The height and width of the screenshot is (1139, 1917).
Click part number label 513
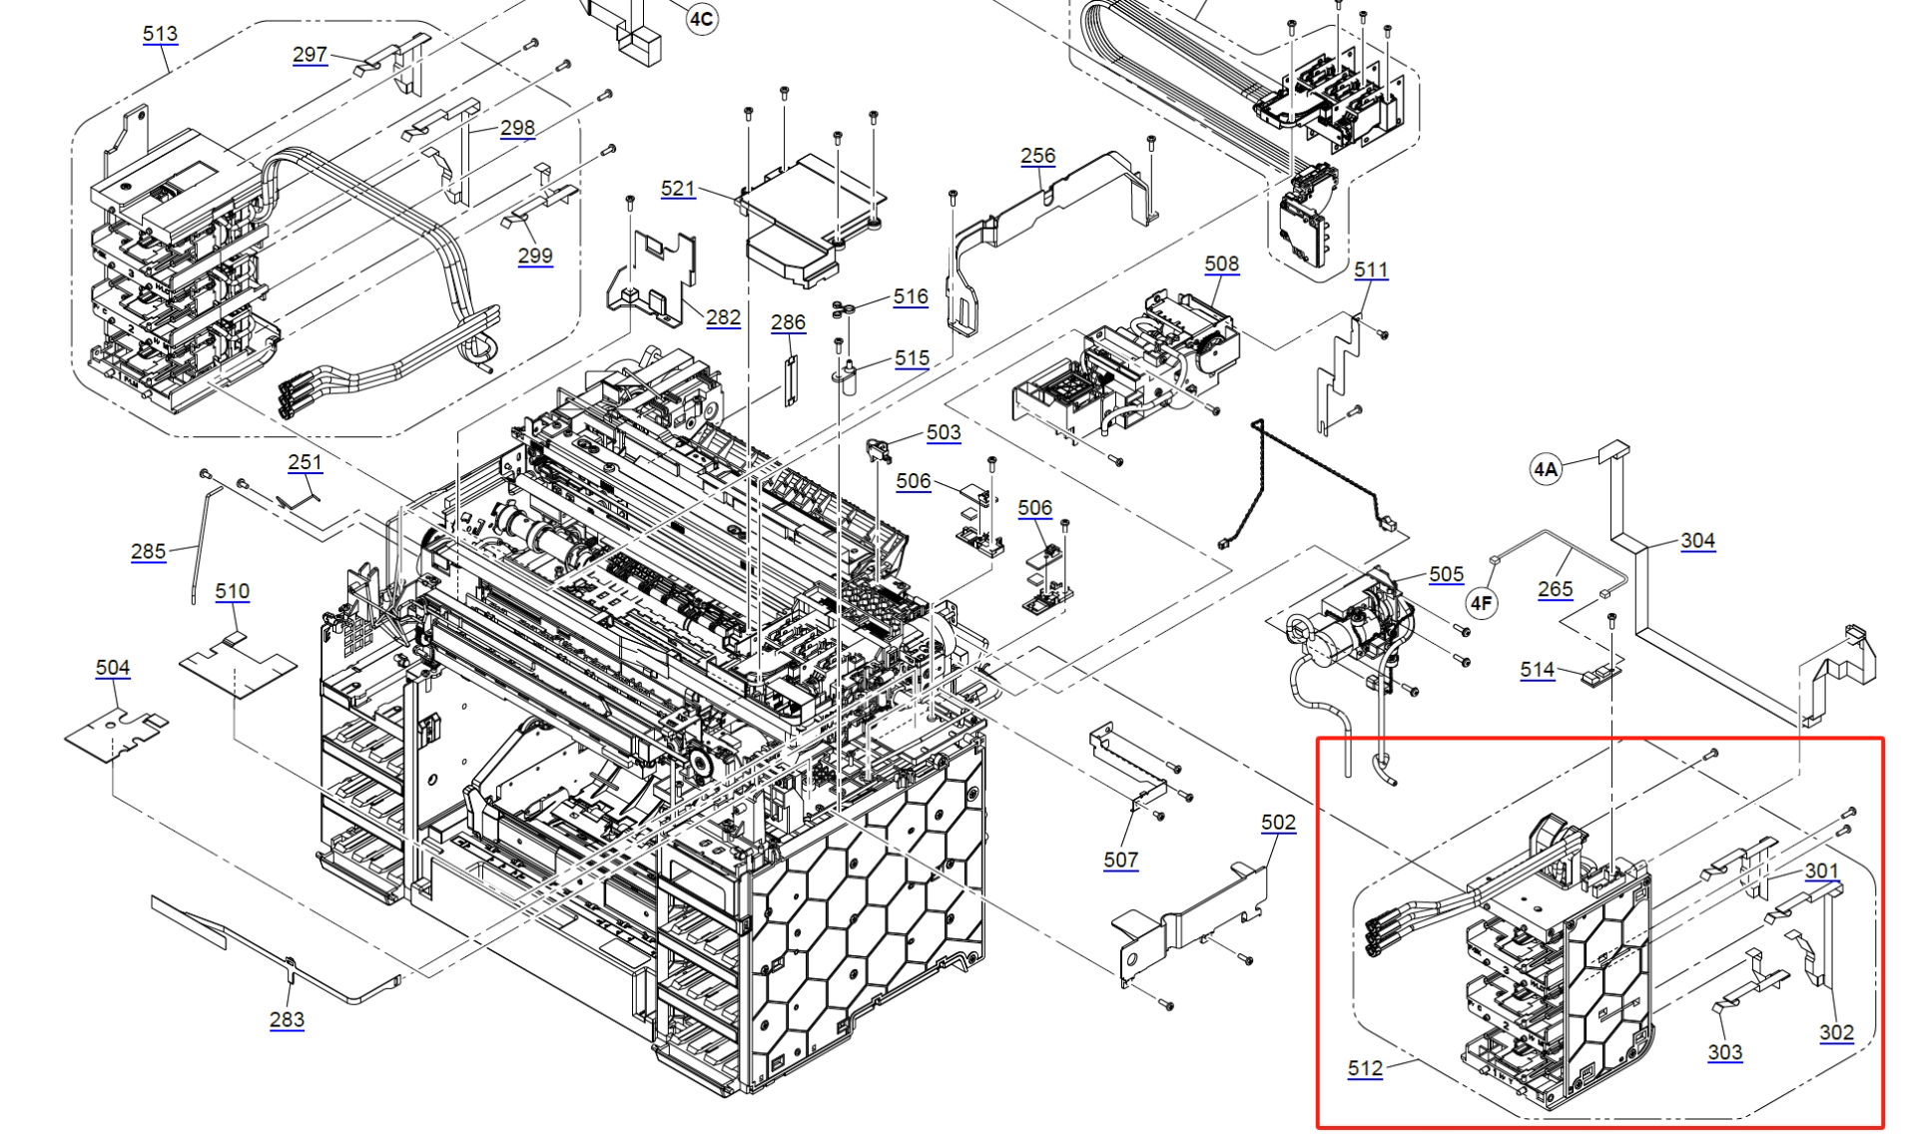160,34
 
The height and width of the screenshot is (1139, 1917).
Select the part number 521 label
678,189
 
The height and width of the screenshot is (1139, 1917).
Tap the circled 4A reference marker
1546,469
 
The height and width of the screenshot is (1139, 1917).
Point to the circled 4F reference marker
1482,603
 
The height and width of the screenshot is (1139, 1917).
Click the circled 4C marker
702,19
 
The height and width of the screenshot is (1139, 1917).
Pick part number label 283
287,1019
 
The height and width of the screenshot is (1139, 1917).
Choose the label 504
113,668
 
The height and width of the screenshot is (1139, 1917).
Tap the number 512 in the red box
1365,1068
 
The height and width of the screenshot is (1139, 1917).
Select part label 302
1836,1033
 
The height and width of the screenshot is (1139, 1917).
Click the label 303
1724,1052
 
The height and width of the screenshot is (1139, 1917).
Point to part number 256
1037,156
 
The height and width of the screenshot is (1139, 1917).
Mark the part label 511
1371,270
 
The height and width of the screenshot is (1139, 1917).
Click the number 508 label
1221,264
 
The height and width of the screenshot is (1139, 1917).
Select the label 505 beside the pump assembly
1446,574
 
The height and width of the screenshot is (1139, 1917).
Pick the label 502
1278,823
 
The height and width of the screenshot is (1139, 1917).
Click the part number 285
148,551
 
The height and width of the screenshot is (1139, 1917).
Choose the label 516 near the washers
911,296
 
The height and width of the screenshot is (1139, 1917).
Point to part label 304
1697,541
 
